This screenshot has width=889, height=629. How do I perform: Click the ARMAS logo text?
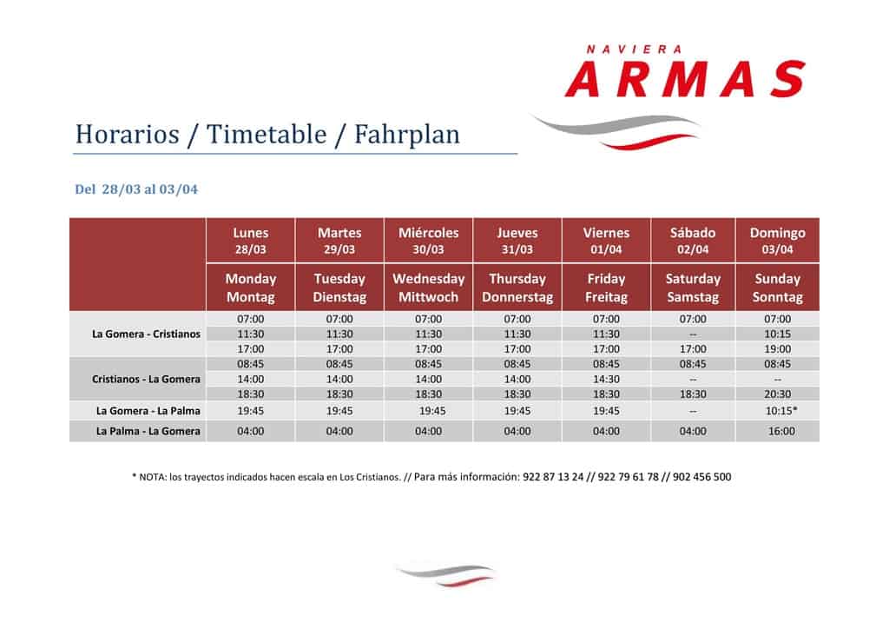(685, 79)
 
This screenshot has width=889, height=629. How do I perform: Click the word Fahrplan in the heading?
(407, 135)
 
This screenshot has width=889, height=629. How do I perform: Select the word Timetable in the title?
(267, 135)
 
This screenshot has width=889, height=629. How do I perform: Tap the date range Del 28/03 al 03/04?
(136, 189)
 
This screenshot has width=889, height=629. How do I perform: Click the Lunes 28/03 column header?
(251, 241)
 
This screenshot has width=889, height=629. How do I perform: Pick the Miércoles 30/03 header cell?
(428, 241)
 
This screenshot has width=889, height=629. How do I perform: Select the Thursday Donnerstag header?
(517, 288)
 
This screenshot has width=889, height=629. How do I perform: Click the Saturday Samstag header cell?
(693, 288)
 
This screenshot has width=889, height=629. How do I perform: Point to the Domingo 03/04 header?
(777, 241)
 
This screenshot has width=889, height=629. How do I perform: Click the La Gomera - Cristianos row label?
(146, 334)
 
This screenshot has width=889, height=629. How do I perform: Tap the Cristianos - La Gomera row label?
(146, 379)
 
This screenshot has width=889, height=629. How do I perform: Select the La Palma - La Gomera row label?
(148, 431)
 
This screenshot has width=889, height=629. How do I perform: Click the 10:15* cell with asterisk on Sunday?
(781, 411)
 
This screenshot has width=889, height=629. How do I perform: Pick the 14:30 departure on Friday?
(606, 379)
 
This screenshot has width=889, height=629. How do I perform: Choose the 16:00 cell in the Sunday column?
(781, 431)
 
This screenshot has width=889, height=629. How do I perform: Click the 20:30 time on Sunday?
(777, 394)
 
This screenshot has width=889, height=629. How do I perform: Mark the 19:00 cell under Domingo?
(777, 348)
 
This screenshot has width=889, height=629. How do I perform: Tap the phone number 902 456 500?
(701, 477)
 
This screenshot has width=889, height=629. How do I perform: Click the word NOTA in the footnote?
(152, 478)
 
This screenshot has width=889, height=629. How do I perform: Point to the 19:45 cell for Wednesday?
(432, 411)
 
